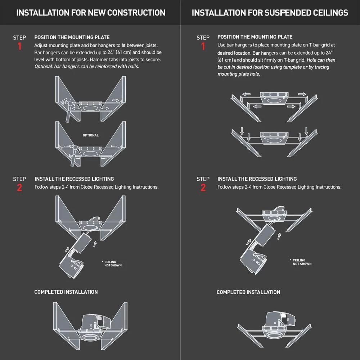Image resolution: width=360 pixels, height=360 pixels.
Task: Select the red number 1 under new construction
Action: (19, 46)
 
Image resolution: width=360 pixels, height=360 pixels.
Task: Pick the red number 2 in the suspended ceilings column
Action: (203, 188)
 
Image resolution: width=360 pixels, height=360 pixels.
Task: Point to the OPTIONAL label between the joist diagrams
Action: (90, 135)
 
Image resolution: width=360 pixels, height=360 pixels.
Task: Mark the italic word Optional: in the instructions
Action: (43, 67)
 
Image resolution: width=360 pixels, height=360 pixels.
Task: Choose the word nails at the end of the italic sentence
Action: (132, 67)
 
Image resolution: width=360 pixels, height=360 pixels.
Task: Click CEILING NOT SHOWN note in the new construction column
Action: (112, 264)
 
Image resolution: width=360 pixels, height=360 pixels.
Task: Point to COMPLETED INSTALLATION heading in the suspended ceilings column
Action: (248, 292)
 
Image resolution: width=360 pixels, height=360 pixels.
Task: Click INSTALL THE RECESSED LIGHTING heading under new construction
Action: (74, 179)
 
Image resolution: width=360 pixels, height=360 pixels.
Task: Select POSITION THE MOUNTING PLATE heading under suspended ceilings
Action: (255, 37)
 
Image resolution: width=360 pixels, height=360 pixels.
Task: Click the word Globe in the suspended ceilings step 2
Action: (270, 187)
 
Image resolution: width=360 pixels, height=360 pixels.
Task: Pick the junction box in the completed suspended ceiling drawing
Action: (287, 319)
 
